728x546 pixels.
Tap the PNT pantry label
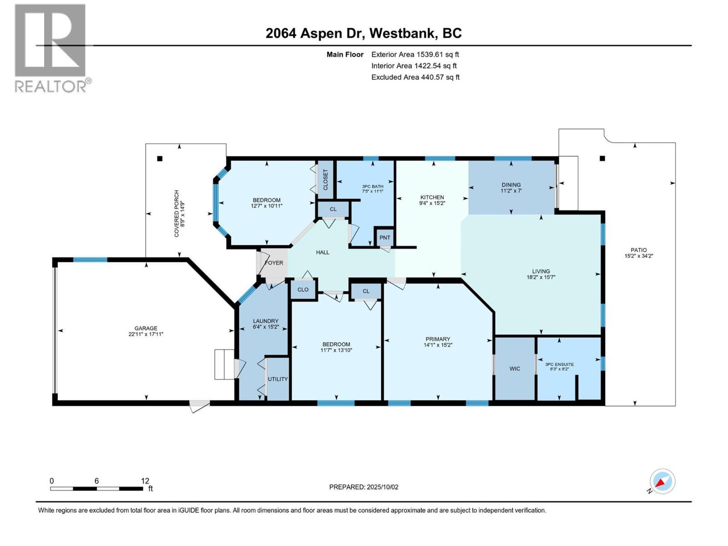[385, 238]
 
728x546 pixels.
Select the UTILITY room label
[278, 379]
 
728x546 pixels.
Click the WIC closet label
[515, 369]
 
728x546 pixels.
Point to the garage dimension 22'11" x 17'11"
[146, 334]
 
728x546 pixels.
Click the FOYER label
[274, 263]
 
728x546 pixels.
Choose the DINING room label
[511, 185]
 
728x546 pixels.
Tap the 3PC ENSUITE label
[559, 364]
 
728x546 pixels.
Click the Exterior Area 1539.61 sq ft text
[415, 55]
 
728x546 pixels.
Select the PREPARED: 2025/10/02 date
[364, 487]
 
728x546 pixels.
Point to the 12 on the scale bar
[145, 481]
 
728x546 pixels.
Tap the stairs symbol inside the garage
[224, 364]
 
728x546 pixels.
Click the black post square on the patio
[602, 159]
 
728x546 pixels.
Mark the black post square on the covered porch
[159, 159]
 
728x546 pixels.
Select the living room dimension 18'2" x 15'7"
[541, 277]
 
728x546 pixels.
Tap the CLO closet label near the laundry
[303, 290]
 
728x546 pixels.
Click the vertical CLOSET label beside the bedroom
[325, 180]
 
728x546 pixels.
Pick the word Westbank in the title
[397, 33]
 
